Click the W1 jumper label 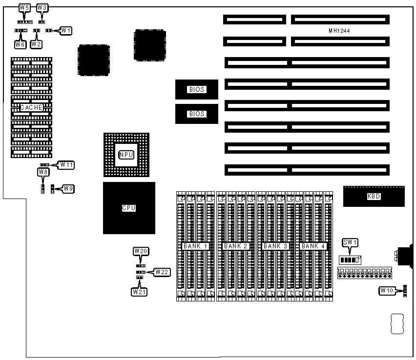click(x=66, y=30)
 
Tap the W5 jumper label click(x=24, y=8)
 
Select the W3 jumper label click(x=42, y=8)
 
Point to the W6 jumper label click(x=20, y=44)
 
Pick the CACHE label click(x=32, y=107)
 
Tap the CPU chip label click(x=129, y=208)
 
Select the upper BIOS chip click(x=197, y=89)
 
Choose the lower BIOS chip click(x=197, y=114)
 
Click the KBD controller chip click(x=374, y=197)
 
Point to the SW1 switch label click(x=351, y=242)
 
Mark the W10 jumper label click(x=387, y=291)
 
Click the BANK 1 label click(x=196, y=246)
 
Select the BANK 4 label click(x=313, y=246)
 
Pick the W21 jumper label click(x=139, y=291)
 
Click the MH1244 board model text click(x=339, y=31)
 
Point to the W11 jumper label click(x=66, y=165)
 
